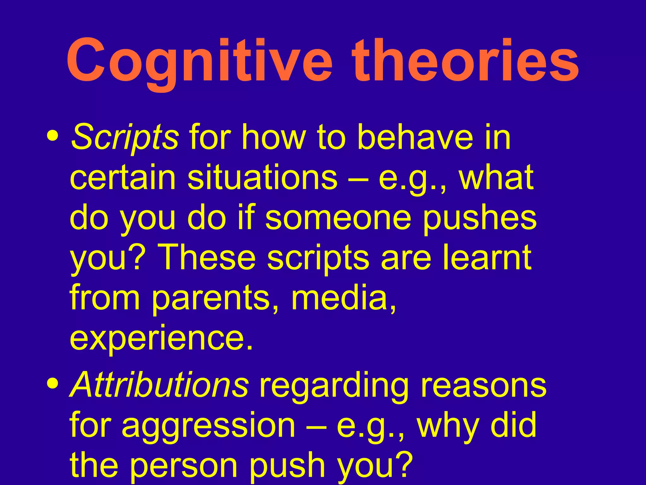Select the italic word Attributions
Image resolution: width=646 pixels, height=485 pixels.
tap(159, 385)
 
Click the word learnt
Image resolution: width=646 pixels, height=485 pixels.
tap(487, 257)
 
